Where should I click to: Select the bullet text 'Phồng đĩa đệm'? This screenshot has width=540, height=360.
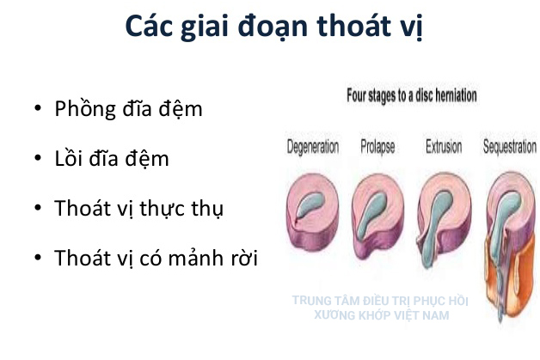128,109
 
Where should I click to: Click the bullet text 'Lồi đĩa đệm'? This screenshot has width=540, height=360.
112,159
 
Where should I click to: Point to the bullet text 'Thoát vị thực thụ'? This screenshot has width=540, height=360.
138,209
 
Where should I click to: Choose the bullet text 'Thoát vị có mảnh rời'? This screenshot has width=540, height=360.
155,258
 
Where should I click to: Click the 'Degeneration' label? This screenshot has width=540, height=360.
312,147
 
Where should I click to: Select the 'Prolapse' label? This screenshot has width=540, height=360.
377,147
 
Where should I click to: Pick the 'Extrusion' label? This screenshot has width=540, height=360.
444,147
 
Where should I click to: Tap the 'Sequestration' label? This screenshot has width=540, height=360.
510,147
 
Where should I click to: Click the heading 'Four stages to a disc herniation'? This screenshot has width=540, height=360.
411,96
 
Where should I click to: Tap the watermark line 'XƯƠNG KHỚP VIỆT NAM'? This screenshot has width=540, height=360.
382,315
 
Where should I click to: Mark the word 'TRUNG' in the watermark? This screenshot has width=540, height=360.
311,302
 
